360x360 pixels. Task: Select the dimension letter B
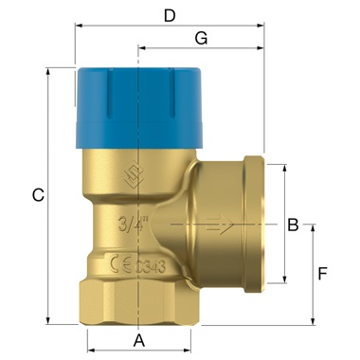pyautogui.click(x=293, y=225)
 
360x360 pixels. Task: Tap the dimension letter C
pyautogui.click(x=37, y=196)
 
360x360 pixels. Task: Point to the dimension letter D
pyautogui.click(x=170, y=15)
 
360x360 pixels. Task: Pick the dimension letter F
pyautogui.click(x=322, y=274)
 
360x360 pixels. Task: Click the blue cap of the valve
pyautogui.click(x=137, y=104)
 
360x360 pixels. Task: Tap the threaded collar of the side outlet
pyautogui.click(x=257, y=225)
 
